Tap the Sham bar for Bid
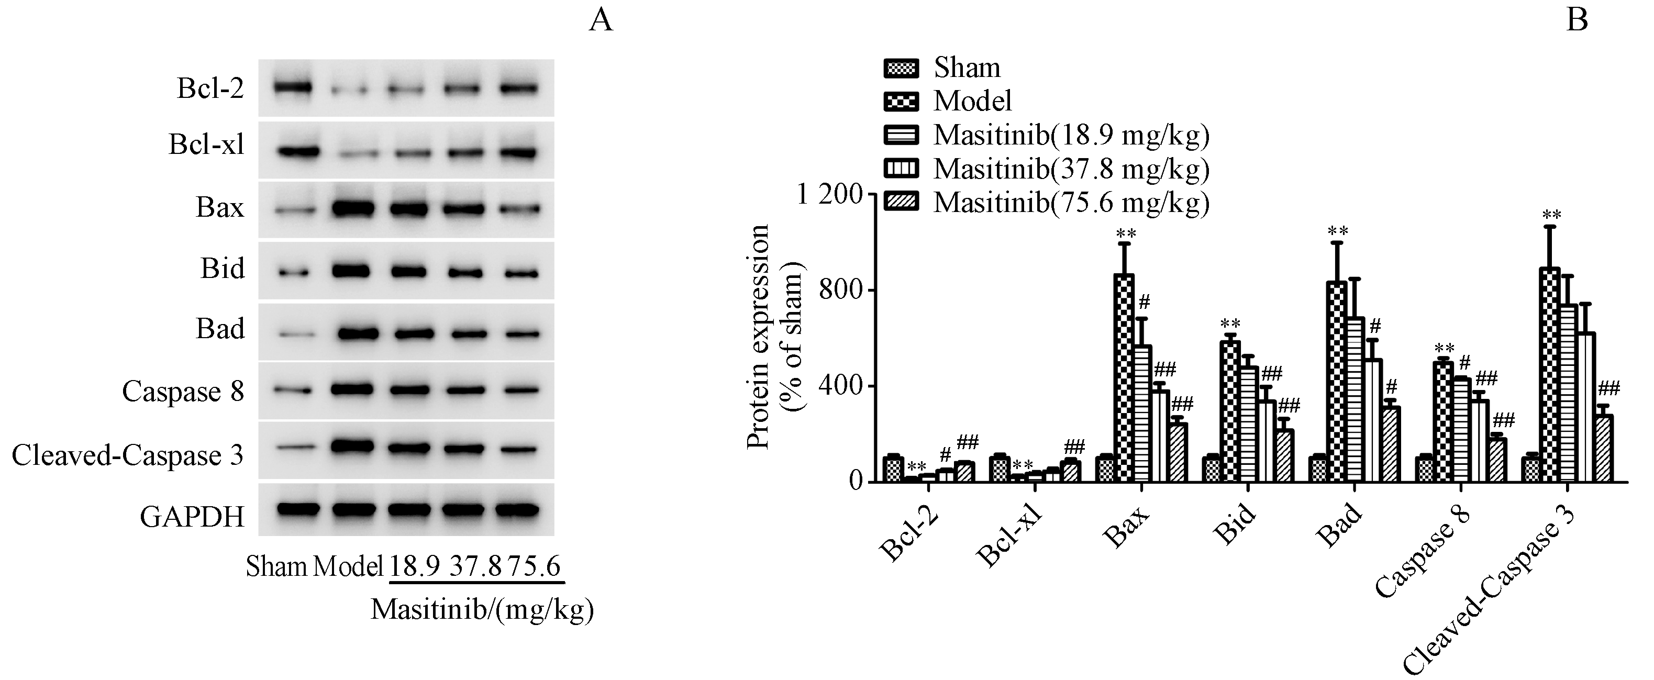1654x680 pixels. pos(1211,469)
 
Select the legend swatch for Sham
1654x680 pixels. pos(901,68)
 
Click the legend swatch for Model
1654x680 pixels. pos(901,102)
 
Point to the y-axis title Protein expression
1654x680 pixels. pos(759,337)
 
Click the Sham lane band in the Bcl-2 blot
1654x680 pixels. pos(293,87)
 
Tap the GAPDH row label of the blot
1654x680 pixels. pos(192,516)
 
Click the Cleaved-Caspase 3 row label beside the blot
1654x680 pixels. pos(128,455)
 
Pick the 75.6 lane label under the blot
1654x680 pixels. pos(534,567)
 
